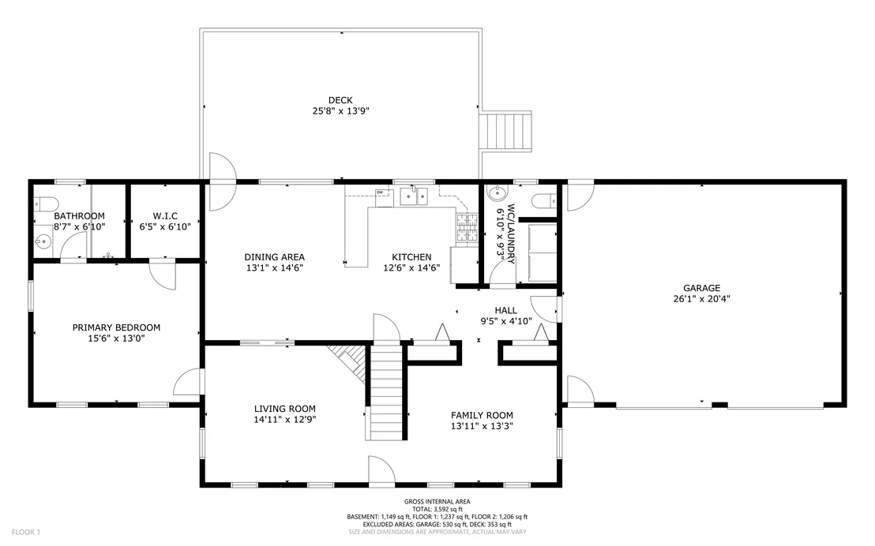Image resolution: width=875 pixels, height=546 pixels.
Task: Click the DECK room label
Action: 340,100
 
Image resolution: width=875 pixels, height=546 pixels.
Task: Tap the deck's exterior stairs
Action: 505,132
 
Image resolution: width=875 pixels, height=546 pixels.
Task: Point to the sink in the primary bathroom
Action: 43,241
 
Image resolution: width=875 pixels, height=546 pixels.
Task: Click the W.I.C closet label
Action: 165,216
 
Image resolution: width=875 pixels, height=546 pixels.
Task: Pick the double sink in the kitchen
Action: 414,196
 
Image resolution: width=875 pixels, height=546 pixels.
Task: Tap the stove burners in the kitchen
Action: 468,228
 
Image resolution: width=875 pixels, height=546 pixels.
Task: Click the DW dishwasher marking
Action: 380,193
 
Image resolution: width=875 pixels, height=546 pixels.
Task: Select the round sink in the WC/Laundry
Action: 497,193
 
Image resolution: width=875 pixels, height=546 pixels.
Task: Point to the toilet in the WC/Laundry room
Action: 544,200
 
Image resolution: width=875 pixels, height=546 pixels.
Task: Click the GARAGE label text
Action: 701,288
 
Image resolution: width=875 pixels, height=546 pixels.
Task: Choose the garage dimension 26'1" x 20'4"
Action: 701,299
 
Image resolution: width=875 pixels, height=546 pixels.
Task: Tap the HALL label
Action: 505,311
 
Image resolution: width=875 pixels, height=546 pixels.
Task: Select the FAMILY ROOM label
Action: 483,416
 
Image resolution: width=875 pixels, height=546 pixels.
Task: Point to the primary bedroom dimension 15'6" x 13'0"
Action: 116,338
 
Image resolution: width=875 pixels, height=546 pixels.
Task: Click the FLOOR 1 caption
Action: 26,533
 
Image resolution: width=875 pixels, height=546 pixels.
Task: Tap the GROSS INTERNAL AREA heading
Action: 437,502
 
